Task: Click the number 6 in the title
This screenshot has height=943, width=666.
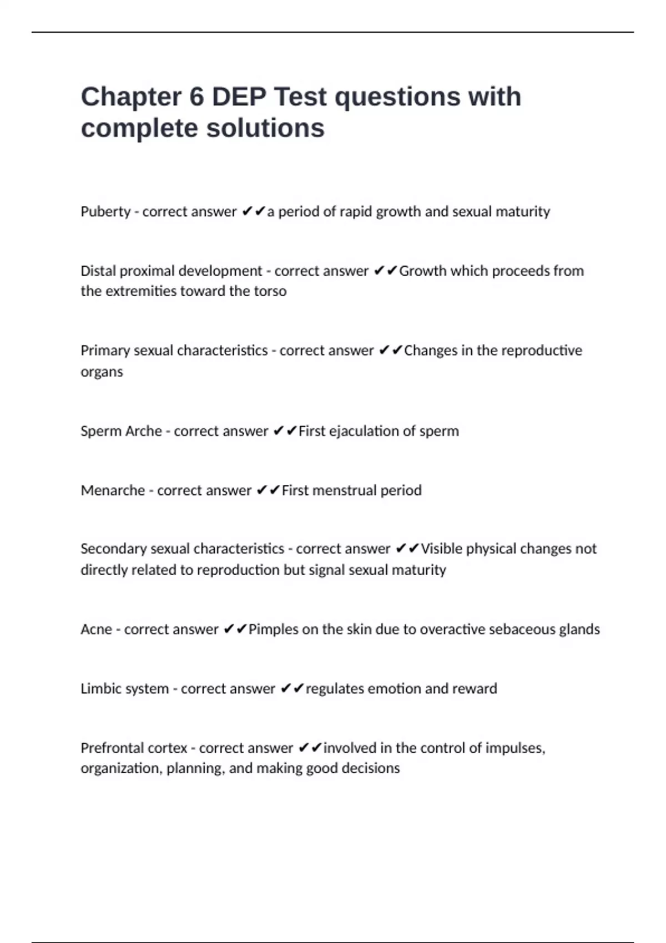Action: (x=196, y=97)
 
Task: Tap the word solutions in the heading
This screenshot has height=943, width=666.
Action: (x=265, y=129)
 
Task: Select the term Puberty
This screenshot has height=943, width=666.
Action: (x=105, y=212)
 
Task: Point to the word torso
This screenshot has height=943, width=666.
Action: (x=270, y=291)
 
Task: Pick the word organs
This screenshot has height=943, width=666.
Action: (x=102, y=372)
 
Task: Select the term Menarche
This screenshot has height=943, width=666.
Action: (x=113, y=490)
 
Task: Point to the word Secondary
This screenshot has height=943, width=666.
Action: (x=113, y=549)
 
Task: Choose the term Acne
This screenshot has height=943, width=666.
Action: (x=96, y=630)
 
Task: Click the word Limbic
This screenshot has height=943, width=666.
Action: (x=97, y=688)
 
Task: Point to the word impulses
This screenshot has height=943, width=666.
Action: (x=514, y=748)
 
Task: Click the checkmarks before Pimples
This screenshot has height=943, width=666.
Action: (x=235, y=629)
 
